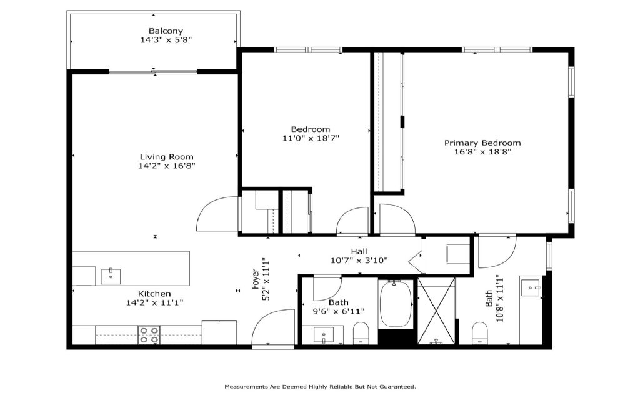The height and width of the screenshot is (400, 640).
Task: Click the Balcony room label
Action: [166, 31]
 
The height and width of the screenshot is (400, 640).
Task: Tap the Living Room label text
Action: [166, 157]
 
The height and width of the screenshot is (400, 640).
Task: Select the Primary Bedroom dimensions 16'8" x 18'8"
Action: [482, 152]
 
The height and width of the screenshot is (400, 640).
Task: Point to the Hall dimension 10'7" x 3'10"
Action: [359, 261]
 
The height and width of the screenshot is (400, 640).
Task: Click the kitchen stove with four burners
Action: [149, 335]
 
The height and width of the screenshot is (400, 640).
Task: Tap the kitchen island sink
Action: [111, 276]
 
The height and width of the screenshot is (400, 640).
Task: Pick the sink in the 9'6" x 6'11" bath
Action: [324, 335]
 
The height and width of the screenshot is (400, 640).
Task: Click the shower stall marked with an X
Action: [436, 311]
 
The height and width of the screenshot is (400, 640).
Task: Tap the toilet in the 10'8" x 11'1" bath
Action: [479, 333]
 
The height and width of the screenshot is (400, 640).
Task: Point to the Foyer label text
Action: [256, 279]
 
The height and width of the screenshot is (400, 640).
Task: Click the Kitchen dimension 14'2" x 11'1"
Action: [155, 303]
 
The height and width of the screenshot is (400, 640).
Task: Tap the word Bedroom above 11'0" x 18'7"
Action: [311, 129]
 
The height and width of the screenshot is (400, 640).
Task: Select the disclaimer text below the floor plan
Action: [321, 386]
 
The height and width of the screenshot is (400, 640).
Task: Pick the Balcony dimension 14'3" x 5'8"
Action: [166, 40]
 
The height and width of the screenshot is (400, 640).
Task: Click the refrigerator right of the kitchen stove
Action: [219, 332]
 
